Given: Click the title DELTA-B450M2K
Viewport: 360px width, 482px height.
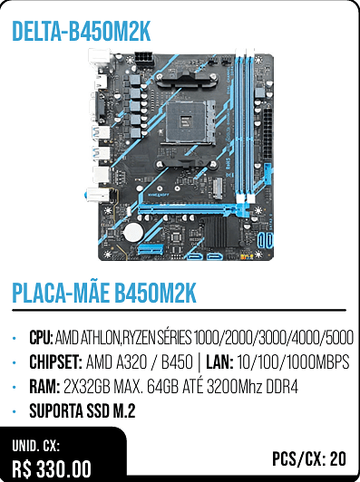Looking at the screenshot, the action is [82, 32].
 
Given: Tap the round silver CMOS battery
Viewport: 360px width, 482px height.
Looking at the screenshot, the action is [133, 233].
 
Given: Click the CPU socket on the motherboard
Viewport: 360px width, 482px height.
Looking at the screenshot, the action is [187, 121].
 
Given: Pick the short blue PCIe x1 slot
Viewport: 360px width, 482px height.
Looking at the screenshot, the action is [151, 249].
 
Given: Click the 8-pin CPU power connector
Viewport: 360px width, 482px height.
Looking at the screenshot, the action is [143, 59].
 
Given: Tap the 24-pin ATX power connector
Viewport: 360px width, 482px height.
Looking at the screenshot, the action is [268, 134].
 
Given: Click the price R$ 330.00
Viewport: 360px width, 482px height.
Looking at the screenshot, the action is [52, 469].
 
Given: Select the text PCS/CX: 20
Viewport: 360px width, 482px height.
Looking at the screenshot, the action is [309, 459].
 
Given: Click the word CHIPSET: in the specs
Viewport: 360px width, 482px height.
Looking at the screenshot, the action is [55, 361].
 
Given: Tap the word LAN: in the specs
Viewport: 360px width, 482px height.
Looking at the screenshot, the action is [219, 361].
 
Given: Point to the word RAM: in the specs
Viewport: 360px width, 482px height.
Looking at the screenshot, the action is [44, 386].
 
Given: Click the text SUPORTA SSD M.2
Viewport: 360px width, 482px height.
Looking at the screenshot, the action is [83, 410].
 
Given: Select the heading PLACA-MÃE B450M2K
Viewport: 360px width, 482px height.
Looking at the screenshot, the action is [104, 293].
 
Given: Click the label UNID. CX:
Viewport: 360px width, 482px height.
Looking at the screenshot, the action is [35, 446].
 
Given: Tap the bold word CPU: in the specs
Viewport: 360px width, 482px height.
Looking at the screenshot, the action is [41, 338].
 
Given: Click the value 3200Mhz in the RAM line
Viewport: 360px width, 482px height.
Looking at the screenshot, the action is [235, 386].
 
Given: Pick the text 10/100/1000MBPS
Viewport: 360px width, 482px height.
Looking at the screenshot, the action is [293, 361].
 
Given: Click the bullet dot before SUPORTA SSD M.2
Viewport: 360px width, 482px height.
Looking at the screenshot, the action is [15, 411].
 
